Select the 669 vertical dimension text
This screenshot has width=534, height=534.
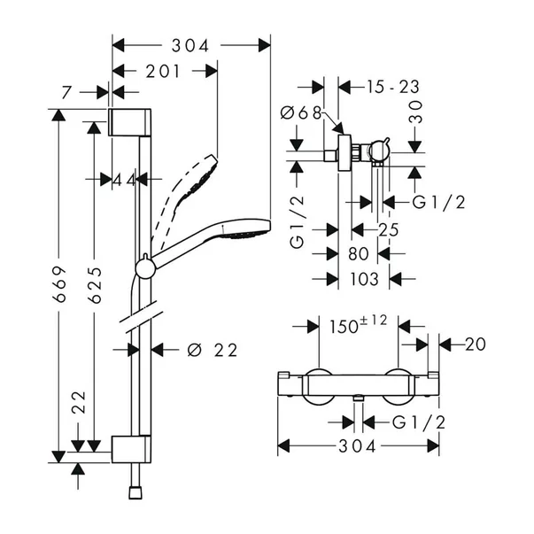coord(59,283)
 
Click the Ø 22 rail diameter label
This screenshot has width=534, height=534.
coord(213,350)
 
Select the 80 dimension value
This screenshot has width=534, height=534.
coord(358,254)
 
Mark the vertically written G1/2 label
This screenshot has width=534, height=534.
coord(299,223)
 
